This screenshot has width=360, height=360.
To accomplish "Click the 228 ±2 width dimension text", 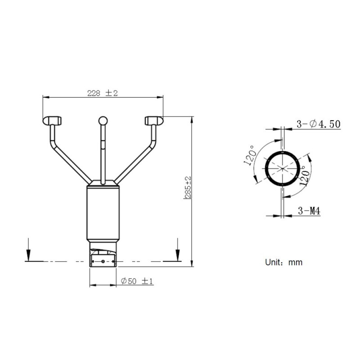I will click(x=102, y=93).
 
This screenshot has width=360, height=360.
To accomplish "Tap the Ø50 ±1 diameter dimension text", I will click(x=138, y=281).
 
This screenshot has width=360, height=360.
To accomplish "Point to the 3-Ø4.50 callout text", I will click(x=318, y=124).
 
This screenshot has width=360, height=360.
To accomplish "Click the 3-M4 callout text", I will click(x=309, y=211).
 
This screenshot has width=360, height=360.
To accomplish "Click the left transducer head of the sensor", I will click(x=52, y=120).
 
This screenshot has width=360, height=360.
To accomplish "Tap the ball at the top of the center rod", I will click(x=103, y=121).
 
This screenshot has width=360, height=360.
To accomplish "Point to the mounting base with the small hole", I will click(x=103, y=261).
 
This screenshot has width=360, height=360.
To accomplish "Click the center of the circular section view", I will click(x=282, y=169).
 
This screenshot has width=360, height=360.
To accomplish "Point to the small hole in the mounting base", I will click(x=103, y=261).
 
